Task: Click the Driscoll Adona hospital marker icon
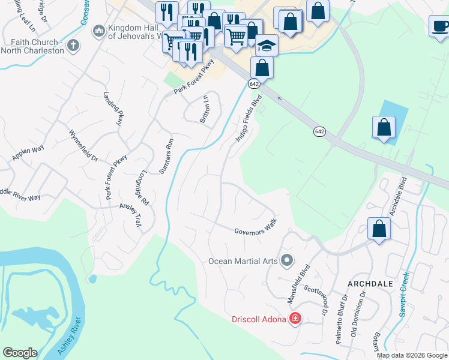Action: (295, 319)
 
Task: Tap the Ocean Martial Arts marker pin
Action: (287, 260)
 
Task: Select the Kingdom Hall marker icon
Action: (98, 29)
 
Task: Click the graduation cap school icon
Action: (266, 45)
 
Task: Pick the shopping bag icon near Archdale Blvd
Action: (379, 229)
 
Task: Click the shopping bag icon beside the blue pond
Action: (384, 127)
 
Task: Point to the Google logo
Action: (20, 353)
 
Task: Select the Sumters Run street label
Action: (166, 156)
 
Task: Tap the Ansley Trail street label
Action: (129, 214)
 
